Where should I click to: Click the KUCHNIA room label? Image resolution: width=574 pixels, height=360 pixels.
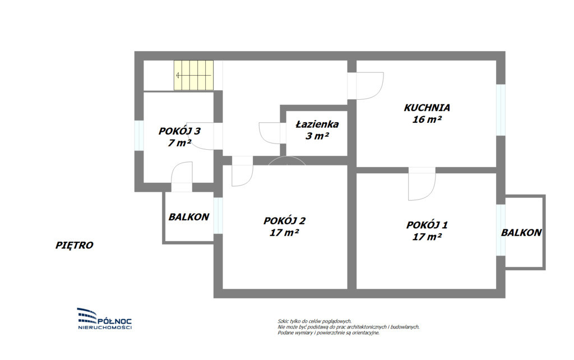(427, 108)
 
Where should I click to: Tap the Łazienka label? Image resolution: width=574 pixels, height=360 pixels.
(317, 124)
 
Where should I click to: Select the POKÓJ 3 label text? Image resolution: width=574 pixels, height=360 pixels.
(179, 131)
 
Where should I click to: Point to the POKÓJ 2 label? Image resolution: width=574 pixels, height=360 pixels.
(284, 221)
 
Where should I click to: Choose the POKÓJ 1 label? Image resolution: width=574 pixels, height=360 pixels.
(427, 224)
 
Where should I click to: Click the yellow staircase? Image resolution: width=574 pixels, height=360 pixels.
(193, 75)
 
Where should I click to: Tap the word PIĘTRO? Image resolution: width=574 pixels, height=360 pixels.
(75, 245)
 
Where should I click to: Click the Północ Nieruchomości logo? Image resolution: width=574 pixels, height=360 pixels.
(105, 319)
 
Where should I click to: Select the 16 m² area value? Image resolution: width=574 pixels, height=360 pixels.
(427, 119)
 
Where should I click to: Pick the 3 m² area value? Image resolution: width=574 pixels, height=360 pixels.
(317, 136)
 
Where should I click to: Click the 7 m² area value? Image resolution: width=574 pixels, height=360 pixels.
(179, 142)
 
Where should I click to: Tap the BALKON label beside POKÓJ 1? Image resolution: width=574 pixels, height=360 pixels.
(521, 233)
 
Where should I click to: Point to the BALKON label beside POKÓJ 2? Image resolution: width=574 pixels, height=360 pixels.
(189, 217)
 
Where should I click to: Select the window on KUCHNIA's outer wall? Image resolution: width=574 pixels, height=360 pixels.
(501, 110)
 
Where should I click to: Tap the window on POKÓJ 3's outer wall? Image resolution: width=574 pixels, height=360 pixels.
(139, 135)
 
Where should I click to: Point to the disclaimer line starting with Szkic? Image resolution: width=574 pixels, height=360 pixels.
(314, 321)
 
